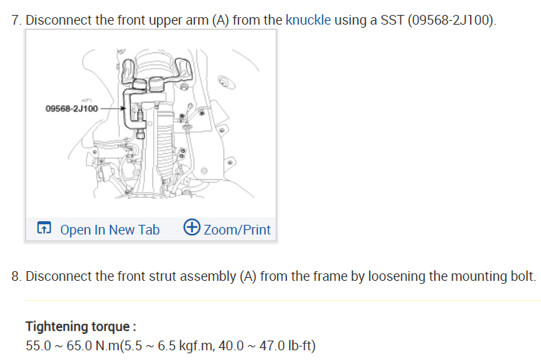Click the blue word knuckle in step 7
308,20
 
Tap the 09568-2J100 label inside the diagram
72,108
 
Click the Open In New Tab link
110,229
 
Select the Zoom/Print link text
237,229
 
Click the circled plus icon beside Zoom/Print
191,227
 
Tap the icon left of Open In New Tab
44,228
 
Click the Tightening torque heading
81,326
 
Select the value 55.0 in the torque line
38,346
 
